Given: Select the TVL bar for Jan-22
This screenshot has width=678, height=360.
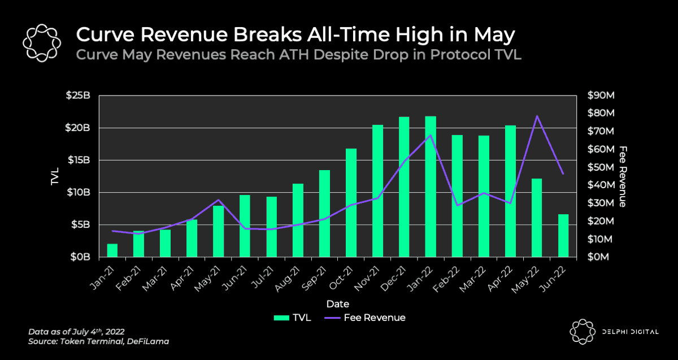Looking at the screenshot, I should click(x=431, y=186).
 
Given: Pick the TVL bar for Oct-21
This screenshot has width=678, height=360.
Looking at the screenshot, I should click(x=351, y=203).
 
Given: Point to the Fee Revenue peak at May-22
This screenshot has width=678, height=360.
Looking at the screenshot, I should click(x=537, y=116).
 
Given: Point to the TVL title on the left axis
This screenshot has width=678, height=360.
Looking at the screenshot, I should click(x=55, y=176).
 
